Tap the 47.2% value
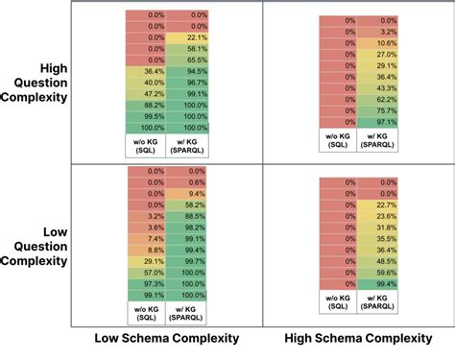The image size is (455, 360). coord(147,94)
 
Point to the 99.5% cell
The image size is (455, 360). coord(147,116)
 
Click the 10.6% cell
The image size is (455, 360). coord(375,43)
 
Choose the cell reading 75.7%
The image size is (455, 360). coord(375,110)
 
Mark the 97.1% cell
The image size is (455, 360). coord(375,122)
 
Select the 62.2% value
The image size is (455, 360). coord(375,100)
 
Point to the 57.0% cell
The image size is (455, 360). coord(147,273)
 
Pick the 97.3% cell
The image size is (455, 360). coord(147,284)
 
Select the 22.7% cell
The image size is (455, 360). coord(375,204)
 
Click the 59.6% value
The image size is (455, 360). coord(375,272)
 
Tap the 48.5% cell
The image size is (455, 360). coord(375,261)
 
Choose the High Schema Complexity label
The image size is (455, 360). coord(359,340)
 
